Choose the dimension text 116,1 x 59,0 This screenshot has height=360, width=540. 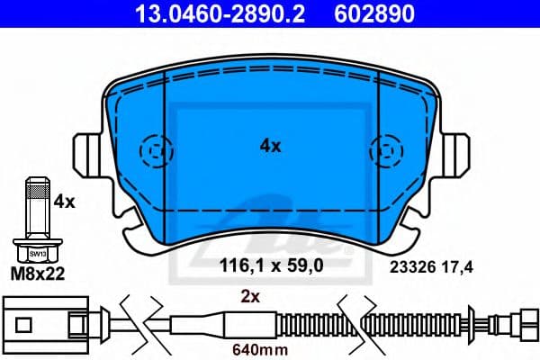point(271,265)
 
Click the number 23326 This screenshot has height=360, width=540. point(409,265)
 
